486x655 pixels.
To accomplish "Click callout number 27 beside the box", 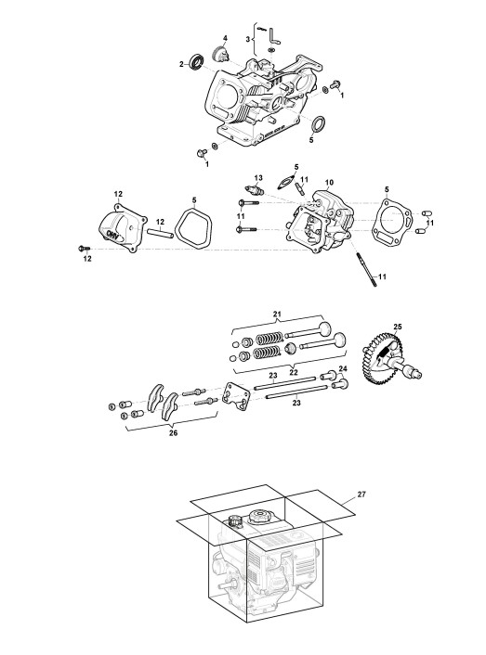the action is click(361, 494).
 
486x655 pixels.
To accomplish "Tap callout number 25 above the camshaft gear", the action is click(398, 327).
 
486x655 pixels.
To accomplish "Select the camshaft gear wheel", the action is click(382, 358).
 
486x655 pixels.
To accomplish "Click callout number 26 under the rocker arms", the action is click(173, 432).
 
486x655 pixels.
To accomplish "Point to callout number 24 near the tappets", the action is click(343, 369).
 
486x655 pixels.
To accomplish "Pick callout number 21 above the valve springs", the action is click(277, 314).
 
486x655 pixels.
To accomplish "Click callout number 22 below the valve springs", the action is click(294, 372).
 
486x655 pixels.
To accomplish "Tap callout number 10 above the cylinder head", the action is click(329, 183).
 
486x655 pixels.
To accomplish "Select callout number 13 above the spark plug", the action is click(258, 178).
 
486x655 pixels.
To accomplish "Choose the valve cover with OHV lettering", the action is click(123, 228).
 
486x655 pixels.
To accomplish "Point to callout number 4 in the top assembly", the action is click(225, 38).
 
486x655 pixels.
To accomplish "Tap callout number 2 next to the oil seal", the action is click(181, 64).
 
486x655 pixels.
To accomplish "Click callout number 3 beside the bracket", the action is click(248, 39).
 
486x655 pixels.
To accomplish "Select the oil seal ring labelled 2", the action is click(197, 61).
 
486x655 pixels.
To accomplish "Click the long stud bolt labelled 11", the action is click(365, 269).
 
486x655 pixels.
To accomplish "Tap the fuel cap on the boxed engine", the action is click(259, 517).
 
